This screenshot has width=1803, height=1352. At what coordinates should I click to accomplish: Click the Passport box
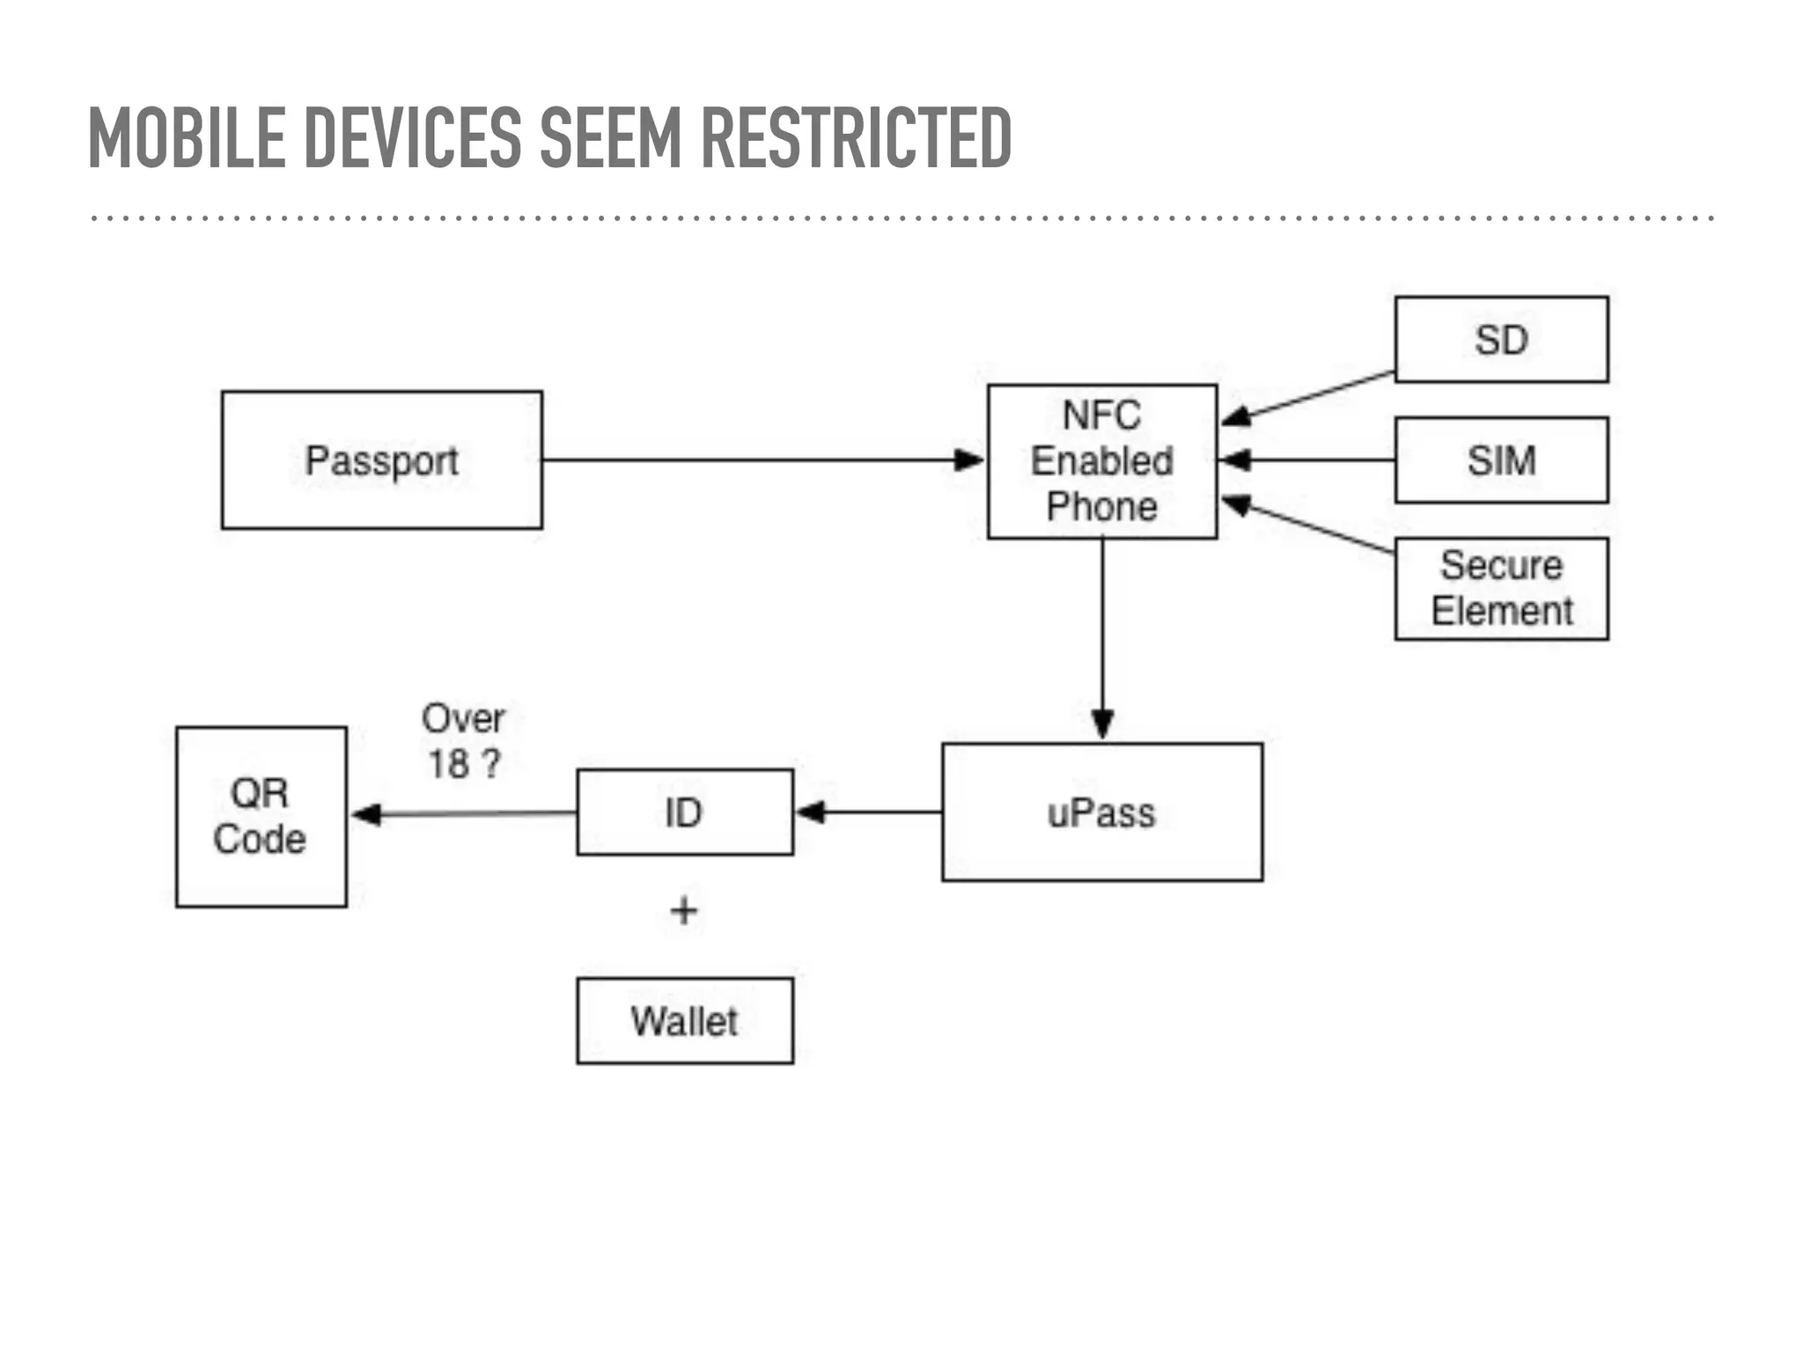click(381, 459)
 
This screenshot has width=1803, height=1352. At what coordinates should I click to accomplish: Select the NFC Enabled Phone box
click(1101, 460)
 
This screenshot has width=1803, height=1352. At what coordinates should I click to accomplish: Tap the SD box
click(1501, 339)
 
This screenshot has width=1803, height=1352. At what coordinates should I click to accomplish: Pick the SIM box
click(1501, 459)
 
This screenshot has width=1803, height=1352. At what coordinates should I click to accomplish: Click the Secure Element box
click(1501, 588)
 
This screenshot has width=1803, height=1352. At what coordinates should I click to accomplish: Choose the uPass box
click(1101, 812)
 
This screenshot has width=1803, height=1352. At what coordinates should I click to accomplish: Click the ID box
click(684, 812)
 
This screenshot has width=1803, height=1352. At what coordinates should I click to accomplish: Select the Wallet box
click(684, 1020)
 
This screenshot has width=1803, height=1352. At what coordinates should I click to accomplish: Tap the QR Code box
click(261, 816)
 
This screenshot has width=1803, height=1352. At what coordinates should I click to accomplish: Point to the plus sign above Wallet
click(684, 910)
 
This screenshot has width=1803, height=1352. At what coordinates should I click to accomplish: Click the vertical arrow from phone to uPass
click(1102, 638)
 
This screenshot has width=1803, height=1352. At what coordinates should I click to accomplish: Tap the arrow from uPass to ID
click(867, 812)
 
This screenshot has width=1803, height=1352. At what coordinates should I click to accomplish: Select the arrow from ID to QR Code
click(462, 813)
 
